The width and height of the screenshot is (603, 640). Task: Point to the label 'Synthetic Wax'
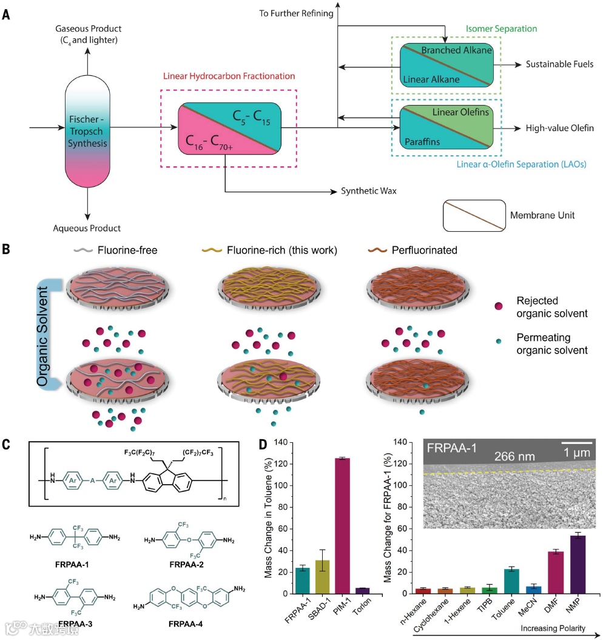369,191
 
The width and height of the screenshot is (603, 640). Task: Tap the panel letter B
7,248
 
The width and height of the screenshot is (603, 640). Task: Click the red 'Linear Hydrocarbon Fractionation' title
230,76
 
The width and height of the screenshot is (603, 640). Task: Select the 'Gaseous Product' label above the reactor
88,29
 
